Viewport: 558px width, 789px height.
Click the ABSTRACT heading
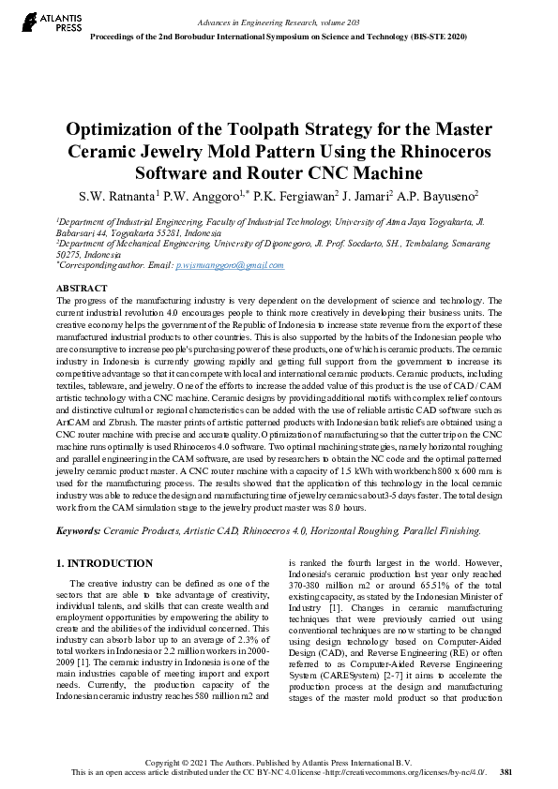(x=83, y=288)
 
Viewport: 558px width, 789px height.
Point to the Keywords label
(x=78, y=529)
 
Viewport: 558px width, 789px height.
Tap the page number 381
(x=505, y=771)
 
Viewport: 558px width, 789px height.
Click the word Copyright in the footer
(x=171, y=761)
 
